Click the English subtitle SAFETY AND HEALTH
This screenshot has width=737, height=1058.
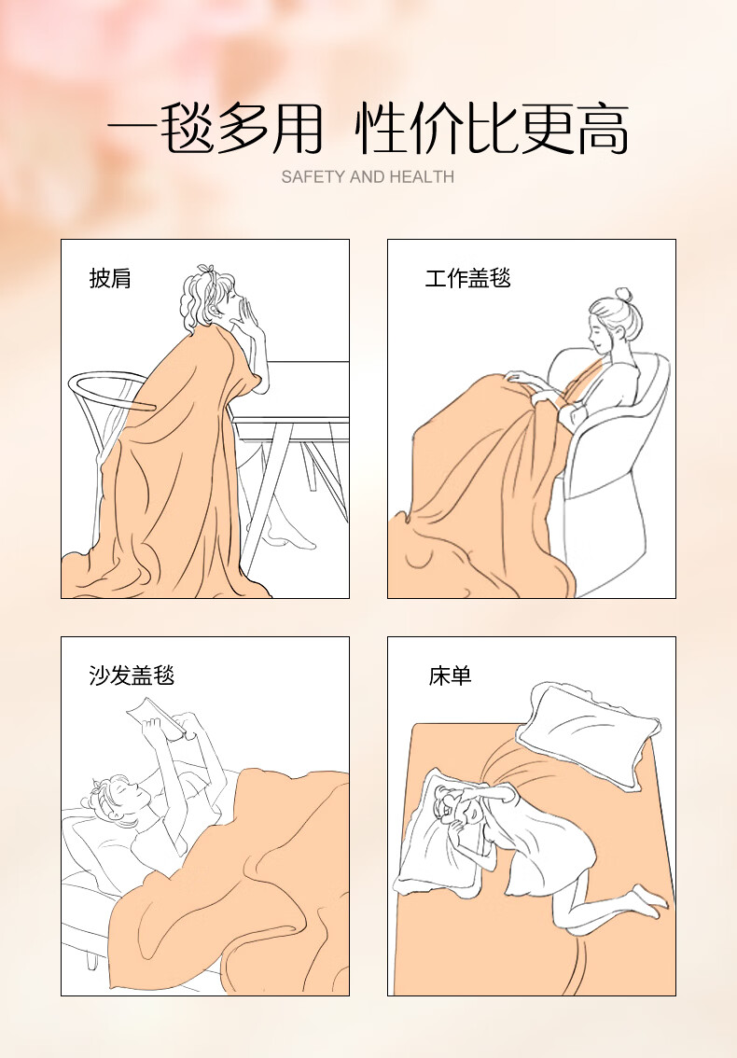point(368,176)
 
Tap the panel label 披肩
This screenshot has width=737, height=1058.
point(110,278)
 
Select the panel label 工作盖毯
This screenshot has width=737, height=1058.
point(467,278)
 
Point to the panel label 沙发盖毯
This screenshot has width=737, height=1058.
point(132,675)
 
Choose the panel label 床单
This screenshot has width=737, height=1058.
point(450,675)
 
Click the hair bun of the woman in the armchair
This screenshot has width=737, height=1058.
point(623,296)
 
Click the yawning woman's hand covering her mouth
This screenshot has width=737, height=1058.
point(250,317)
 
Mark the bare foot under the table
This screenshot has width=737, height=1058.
point(290,537)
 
